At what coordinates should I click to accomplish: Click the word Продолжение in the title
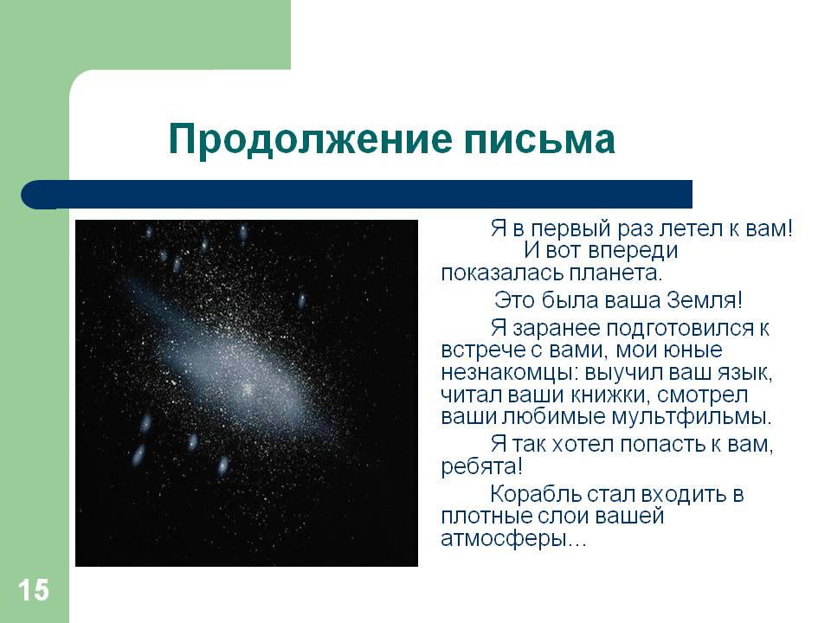pos(311,139)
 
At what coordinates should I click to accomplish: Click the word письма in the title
pos(539,139)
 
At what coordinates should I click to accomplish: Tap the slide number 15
pos(34,590)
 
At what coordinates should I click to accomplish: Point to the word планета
pos(615,273)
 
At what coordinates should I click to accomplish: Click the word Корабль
pos(536,494)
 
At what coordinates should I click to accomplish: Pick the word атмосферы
pos(503,539)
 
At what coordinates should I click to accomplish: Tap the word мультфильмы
pos(691,416)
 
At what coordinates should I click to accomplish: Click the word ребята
pos(479,466)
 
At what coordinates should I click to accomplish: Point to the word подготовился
pos(680,329)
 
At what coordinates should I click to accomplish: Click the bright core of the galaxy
pos(248,389)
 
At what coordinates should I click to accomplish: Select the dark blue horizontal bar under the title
pos(357,195)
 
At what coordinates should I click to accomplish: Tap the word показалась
pos(502,273)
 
